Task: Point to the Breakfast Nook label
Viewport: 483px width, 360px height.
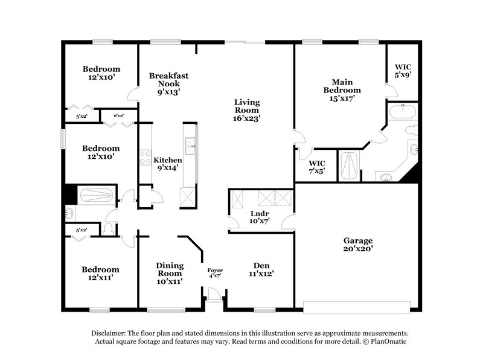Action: point(169,84)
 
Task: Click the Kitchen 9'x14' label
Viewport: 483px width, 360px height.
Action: point(167,164)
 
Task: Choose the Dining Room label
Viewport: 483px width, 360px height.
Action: point(169,273)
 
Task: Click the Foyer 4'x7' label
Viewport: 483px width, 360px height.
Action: point(215,273)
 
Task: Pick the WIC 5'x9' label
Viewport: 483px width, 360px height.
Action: point(403,71)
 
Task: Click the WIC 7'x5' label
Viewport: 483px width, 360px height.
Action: point(317,167)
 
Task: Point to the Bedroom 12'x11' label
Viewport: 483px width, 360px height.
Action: point(101,273)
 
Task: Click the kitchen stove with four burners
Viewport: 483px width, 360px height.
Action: point(146,158)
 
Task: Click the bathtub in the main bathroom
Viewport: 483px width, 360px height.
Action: point(401,112)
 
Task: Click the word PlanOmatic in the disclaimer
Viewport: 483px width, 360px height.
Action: point(389,342)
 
